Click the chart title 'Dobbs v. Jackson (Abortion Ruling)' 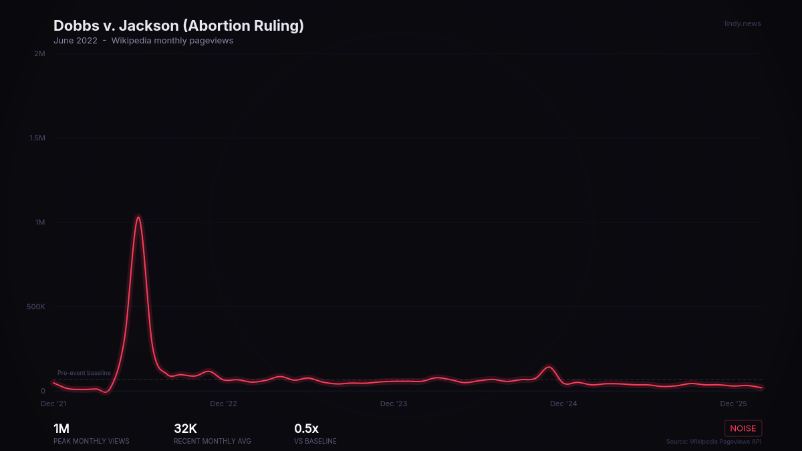(x=178, y=26)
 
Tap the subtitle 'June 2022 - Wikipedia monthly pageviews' (x=143, y=41)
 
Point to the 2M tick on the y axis (x=39, y=53)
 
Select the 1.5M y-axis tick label (x=37, y=138)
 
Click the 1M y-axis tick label (x=40, y=222)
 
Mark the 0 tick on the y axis (x=43, y=391)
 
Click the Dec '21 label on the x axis (x=53, y=404)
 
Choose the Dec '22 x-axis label (x=223, y=404)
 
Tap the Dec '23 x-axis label (x=394, y=404)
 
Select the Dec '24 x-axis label (x=563, y=404)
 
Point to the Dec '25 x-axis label (x=733, y=404)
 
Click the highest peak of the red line (x=138, y=217)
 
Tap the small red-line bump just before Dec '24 (x=549, y=367)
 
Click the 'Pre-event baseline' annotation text (x=84, y=373)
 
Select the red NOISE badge (x=743, y=428)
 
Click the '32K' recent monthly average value (x=185, y=429)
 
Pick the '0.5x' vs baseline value (x=306, y=429)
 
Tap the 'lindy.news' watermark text (x=743, y=24)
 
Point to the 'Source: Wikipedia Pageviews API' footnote (x=713, y=442)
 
